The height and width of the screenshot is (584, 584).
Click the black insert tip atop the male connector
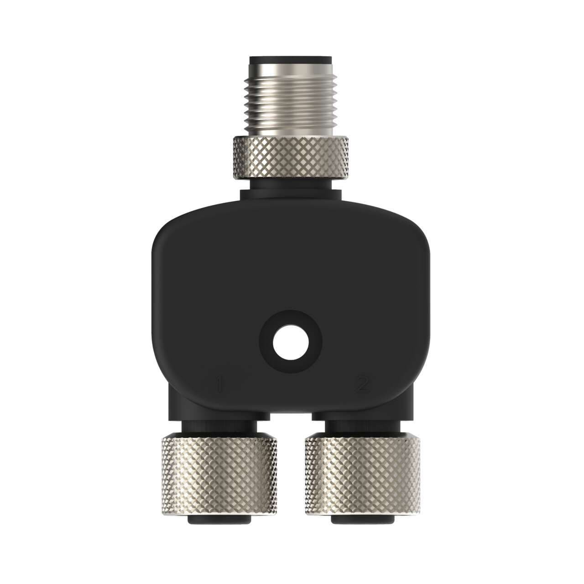click(290, 60)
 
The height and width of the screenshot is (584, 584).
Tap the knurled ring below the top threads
click(290, 157)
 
